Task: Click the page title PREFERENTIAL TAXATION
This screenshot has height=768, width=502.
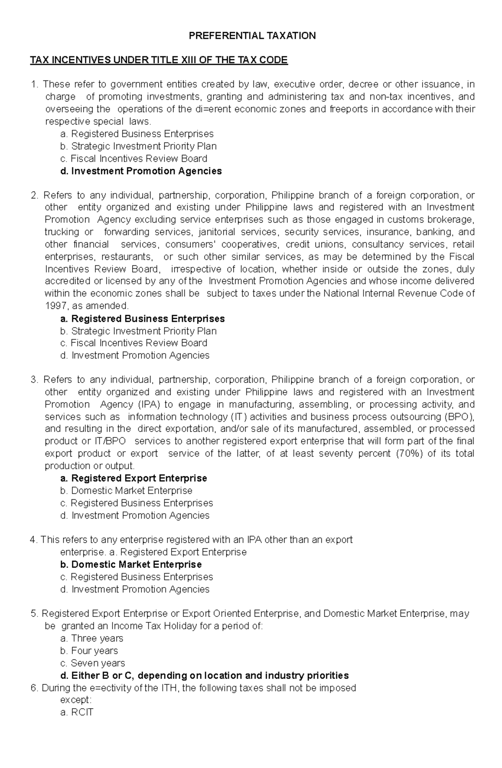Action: coord(252,36)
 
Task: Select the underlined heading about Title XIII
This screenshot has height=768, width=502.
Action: coord(159,60)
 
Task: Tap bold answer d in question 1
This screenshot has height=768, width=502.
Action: coord(141,171)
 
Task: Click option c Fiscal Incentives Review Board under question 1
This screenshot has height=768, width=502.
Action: coord(134,159)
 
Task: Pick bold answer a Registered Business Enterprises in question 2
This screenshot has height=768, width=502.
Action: coord(143,319)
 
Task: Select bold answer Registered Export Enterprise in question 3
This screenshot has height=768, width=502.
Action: coord(134,478)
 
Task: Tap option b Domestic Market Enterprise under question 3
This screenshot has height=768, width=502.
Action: coord(126,491)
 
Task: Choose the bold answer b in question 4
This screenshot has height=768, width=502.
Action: coord(131,564)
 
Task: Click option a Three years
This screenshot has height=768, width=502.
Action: coord(92,638)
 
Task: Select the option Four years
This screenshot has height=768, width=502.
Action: coord(90,651)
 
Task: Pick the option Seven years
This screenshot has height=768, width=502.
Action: coord(93,663)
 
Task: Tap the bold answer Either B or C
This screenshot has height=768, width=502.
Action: coord(205,676)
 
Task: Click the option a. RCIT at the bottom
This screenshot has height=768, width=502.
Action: coord(77,712)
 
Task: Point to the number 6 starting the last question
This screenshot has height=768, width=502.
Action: coord(34,688)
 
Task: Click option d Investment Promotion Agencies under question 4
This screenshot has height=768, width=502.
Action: coord(135,589)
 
